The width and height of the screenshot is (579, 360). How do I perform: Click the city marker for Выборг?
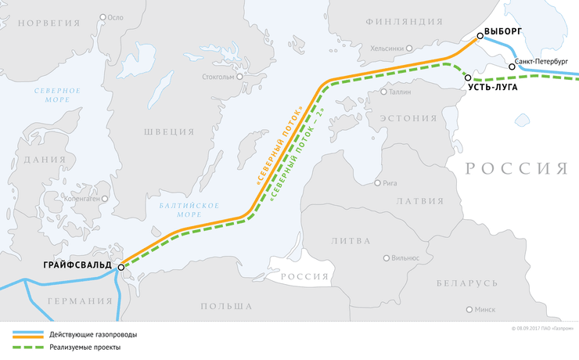480,36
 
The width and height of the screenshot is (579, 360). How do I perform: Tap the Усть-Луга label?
494,90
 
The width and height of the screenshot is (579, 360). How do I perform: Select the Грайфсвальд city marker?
121,268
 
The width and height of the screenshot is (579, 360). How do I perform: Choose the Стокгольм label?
218,77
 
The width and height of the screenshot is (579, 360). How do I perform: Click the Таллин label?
399,92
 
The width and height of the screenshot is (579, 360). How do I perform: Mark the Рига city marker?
378,184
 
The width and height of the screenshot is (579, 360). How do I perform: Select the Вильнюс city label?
406,257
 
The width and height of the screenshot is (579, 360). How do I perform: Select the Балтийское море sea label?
178,209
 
